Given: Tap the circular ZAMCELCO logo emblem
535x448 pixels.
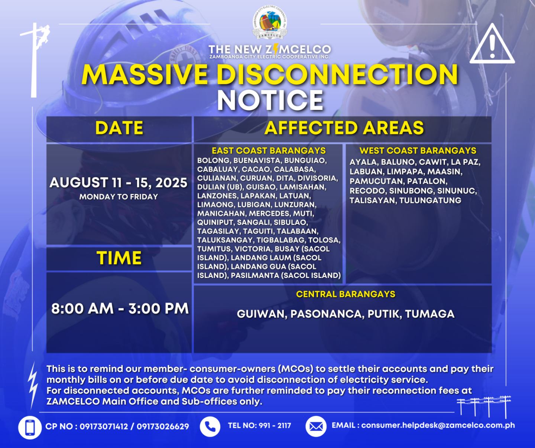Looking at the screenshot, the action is click(x=270, y=23).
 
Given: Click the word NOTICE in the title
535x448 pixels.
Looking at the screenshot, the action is click(x=270, y=100).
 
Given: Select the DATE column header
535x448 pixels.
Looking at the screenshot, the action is click(x=119, y=128).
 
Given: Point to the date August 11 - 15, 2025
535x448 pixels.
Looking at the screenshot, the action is click(x=119, y=183).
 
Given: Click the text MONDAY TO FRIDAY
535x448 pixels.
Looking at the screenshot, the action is click(x=119, y=197).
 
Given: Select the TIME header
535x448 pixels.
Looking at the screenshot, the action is click(x=119, y=258).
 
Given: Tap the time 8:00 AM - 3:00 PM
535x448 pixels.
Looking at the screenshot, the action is click(x=120, y=308).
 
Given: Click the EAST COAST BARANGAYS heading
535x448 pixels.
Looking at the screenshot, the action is click(x=269, y=151).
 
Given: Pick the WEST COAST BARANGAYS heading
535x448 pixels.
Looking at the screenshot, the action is click(x=418, y=151).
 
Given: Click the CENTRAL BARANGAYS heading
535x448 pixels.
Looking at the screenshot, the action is click(x=346, y=294).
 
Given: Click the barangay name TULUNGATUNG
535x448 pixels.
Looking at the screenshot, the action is click(x=430, y=200).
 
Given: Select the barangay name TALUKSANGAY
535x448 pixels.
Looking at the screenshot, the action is click(x=225, y=240).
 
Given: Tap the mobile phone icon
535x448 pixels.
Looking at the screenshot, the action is click(x=30, y=428).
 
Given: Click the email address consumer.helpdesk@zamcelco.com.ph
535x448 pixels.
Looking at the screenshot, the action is click(x=438, y=425).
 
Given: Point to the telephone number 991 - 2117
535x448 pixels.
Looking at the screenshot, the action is click(x=275, y=426).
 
